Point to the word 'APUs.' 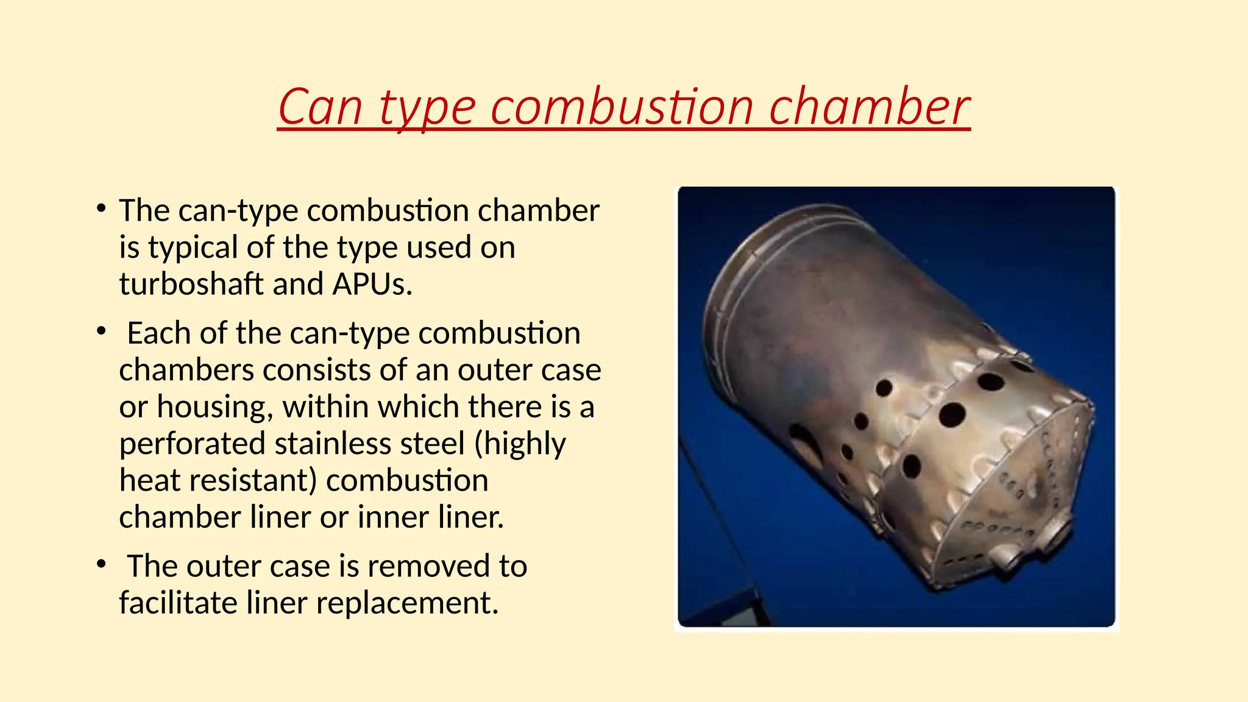click(x=372, y=284)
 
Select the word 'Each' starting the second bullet click(x=158, y=333)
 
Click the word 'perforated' click(x=192, y=444)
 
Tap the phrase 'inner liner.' click(x=430, y=517)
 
